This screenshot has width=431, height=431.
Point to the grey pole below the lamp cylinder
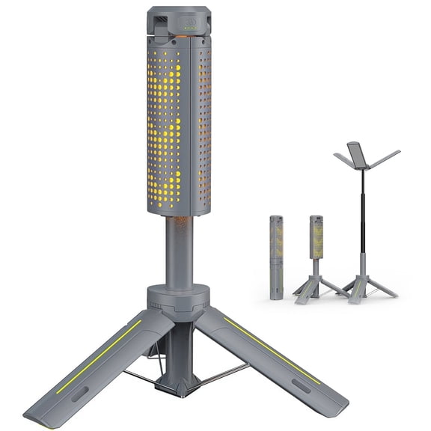click(180, 247)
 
